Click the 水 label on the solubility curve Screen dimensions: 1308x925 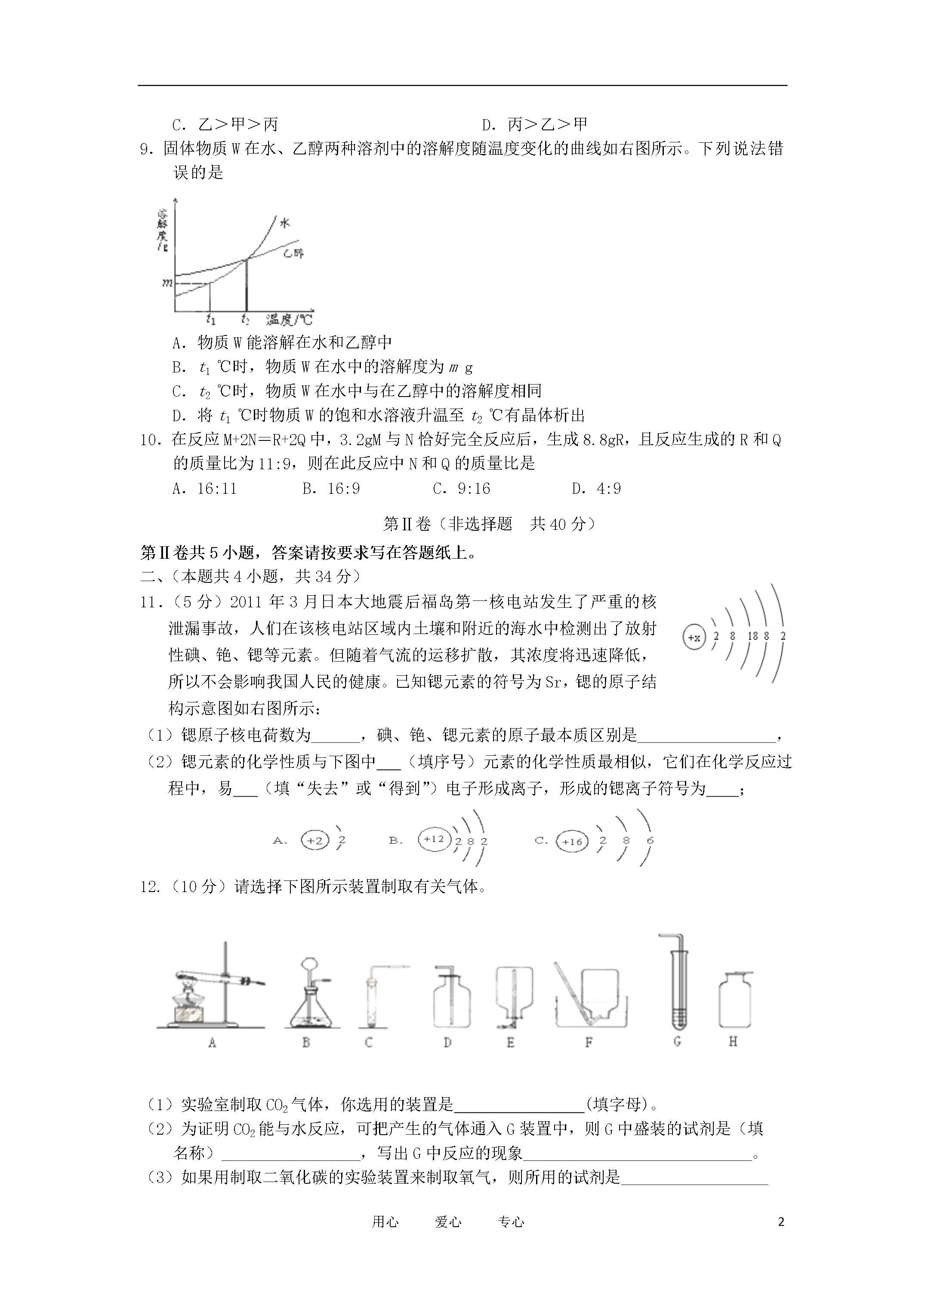point(284,223)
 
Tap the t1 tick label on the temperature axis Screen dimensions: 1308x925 point(211,319)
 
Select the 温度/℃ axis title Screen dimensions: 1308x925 point(289,320)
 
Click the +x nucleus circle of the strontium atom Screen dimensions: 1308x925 point(694,637)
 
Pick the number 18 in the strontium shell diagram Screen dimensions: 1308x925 point(752,636)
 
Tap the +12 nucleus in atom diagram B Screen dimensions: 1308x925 point(434,839)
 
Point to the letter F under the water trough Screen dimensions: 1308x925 point(589,1043)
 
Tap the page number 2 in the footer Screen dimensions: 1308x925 point(781,1222)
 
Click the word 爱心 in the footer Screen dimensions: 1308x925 point(448,1222)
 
